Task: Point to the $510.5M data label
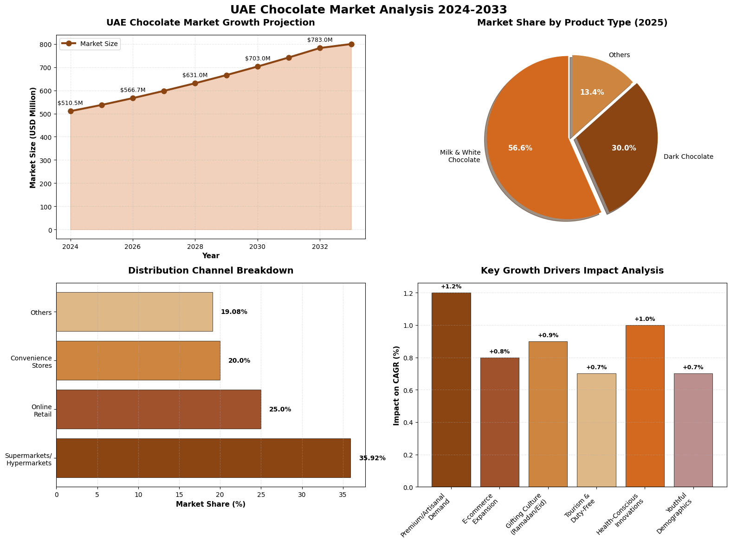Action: pyautogui.click(x=70, y=103)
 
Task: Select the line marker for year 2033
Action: pyautogui.click(x=351, y=44)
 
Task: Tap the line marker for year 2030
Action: pyautogui.click(x=258, y=66)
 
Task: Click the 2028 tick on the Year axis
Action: pyautogui.click(x=195, y=247)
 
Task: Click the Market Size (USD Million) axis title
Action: pyautogui.click(x=33, y=137)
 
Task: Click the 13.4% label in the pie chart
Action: pyautogui.click(x=592, y=92)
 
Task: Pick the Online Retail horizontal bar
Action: pyautogui.click(x=158, y=409)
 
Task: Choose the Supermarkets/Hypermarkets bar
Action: pyautogui.click(x=203, y=458)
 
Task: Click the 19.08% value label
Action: pyautogui.click(x=234, y=312)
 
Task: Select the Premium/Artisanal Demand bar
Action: pyautogui.click(x=451, y=390)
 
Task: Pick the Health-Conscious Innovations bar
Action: pyautogui.click(x=645, y=406)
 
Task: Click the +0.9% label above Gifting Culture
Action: pyautogui.click(x=548, y=335)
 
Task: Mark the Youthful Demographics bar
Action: pyautogui.click(x=693, y=430)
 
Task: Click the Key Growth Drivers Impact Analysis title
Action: pyautogui.click(x=572, y=270)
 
